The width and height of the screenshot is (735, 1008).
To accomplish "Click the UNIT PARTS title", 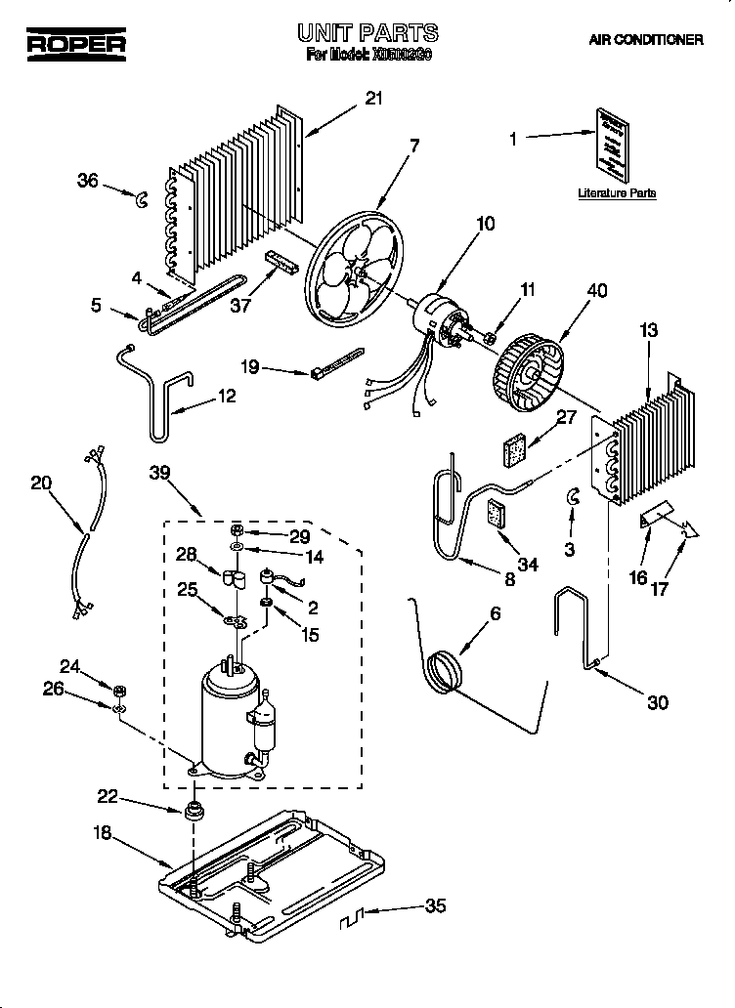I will tap(367, 34).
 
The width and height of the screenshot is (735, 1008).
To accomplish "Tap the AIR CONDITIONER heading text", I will tap(645, 40).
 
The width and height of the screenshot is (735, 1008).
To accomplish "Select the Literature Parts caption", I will tap(616, 193).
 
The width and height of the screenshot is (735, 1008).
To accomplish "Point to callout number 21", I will tap(373, 98).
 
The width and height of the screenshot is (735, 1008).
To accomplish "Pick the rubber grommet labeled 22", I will tap(193, 812).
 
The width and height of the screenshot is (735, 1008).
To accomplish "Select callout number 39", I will tap(161, 473).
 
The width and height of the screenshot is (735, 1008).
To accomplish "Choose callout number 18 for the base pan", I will tap(103, 833).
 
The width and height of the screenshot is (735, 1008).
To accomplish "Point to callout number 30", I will tap(658, 702).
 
